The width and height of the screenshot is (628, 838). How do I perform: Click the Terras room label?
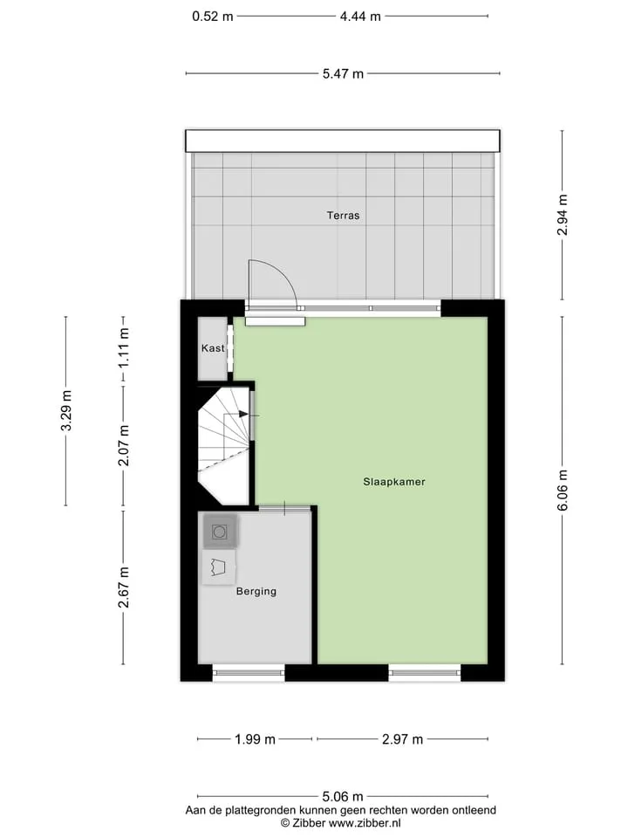[343, 216]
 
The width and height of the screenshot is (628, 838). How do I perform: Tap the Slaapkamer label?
[394, 482]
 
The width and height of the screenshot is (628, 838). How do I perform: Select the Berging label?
[256, 591]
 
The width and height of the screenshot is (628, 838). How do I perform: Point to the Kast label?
[213, 348]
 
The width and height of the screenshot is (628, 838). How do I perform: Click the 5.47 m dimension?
[343, 73]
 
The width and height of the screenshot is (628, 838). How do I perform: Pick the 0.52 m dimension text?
[213, 17]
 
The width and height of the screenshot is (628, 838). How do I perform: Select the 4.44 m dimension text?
[360, 17]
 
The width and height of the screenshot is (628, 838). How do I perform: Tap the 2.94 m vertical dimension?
[563, 215]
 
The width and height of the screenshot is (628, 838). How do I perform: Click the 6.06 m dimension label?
[563, 491]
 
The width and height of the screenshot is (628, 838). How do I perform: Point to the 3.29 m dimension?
[66, 410]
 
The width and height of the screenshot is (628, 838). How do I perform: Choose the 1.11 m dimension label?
[124, 348]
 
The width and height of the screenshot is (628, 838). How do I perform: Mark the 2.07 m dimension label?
[124, 446]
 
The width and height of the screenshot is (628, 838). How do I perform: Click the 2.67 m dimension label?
[124, 587]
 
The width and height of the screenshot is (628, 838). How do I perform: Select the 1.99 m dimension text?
[256, 739]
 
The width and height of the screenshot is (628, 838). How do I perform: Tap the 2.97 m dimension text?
[403, 739]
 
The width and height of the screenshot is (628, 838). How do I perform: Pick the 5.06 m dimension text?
[343, 797]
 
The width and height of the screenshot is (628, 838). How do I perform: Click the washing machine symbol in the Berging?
[220, 532]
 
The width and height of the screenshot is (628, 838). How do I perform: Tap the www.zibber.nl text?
[365, 823]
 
